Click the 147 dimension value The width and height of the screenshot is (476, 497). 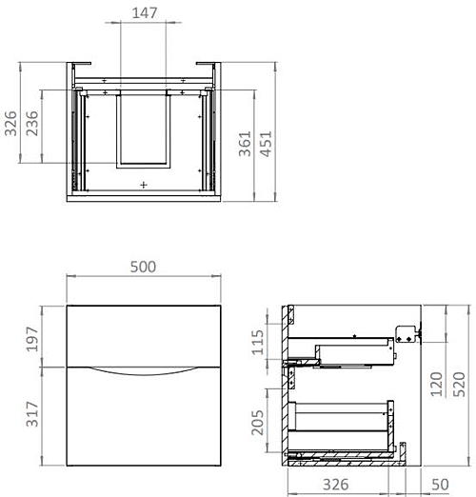[x=144, y=12]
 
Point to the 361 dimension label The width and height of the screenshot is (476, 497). [x=247, y=143]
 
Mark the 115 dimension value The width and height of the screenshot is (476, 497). [x=255, y=341]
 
